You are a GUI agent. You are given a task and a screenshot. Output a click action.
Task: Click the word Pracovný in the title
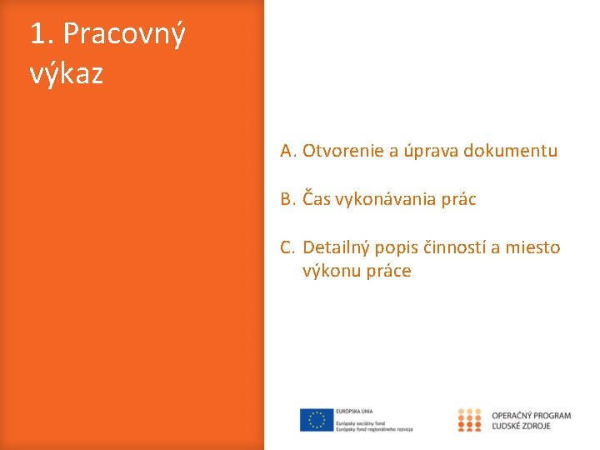coord(124,35)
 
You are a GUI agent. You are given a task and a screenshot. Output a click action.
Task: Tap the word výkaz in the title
coord(67,74)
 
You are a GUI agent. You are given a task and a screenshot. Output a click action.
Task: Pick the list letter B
coord(287,199)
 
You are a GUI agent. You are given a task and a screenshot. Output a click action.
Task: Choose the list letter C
coord(287,247)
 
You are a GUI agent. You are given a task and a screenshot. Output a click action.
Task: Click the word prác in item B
coord(459,199)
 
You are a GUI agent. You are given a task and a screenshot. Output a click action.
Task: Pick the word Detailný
coord(336,247)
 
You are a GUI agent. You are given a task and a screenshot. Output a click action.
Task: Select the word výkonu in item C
coord(331,271)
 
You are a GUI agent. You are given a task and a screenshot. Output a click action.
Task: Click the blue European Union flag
coord(317,420)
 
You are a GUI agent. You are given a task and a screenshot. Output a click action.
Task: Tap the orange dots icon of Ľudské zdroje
coord(470,420)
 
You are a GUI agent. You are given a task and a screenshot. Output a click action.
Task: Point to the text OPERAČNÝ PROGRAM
coord(532,415)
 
